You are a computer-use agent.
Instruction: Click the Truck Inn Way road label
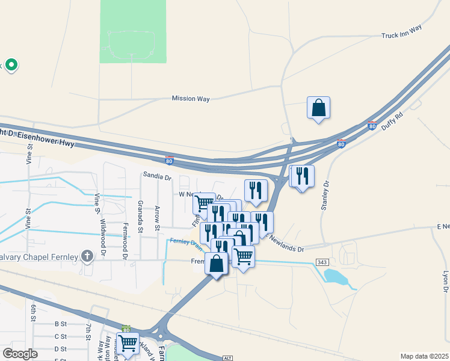[x=402, y=36]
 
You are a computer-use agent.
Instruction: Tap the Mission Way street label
[x=191, y=99]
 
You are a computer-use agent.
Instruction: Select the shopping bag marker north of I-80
[x=318, y=108]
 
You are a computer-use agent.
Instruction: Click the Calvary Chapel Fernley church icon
[x=88, y=257]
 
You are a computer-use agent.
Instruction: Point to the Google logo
[x=20, y=354]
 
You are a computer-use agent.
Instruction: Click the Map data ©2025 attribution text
[x=424, y=356]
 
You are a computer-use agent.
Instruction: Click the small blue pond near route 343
[x=333, y=276]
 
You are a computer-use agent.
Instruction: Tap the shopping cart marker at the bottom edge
[x=128, y=344]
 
